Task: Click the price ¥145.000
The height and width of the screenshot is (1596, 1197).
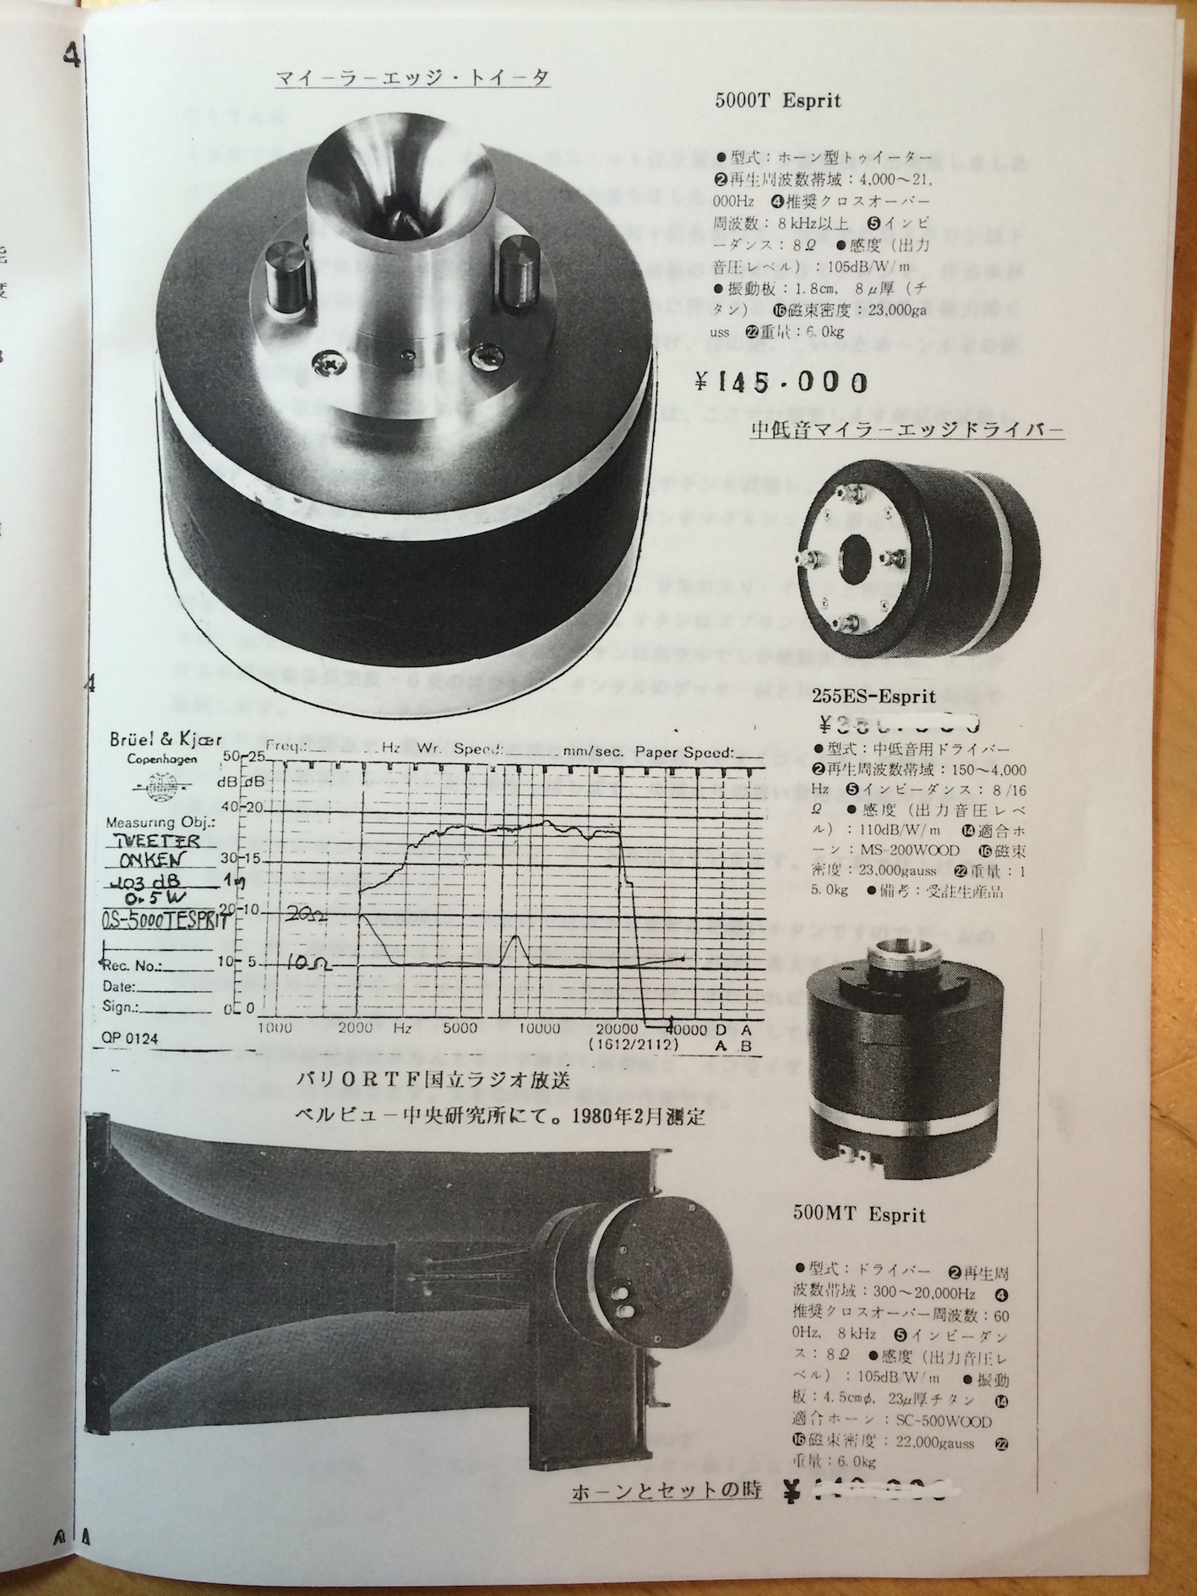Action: (781, 383)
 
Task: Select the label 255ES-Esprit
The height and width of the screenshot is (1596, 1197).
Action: (873, 697)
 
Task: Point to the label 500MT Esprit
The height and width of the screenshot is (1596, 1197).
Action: (859, 1214)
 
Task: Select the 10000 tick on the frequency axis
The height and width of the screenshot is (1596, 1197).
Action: (538, 1029)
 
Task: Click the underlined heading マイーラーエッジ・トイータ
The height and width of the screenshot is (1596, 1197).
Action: (413, 79)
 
